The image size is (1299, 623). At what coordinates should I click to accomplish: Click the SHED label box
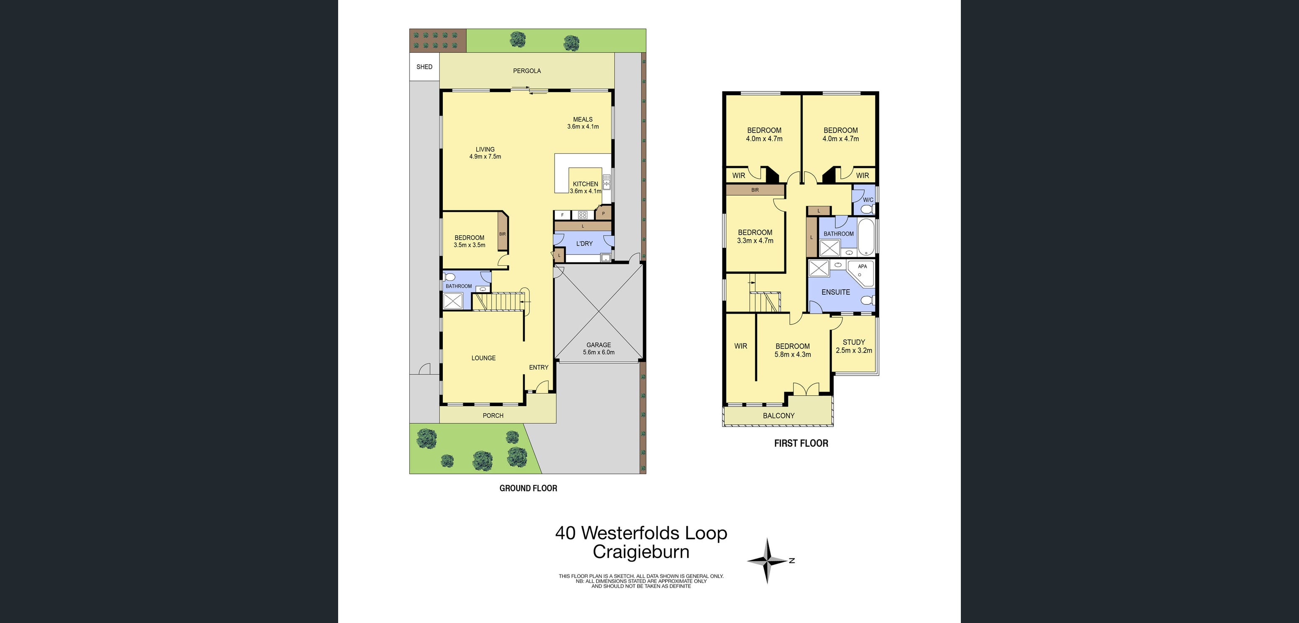coord(424,67)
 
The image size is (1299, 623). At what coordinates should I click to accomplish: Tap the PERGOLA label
coord(527,71)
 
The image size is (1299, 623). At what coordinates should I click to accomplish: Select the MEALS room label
coord(583,120)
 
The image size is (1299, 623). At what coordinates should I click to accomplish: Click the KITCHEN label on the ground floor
coord(585,184)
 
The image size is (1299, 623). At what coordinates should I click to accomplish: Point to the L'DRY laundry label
coord(585,244)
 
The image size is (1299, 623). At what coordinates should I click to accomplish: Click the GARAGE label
coord(598,345)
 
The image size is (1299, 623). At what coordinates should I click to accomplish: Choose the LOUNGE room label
coord(484,358)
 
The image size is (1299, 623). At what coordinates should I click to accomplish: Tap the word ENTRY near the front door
coord(539,367)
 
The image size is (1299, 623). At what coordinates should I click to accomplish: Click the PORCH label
coord(493,416)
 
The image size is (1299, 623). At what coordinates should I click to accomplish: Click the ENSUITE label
coord(836,292)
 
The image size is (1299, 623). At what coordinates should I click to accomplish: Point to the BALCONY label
coord(778,416)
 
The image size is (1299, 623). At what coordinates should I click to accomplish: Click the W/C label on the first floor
coord(868,200)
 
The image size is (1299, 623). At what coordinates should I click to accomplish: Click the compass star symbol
coord(767,561)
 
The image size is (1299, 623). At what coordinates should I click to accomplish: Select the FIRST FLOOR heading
coord(801,443)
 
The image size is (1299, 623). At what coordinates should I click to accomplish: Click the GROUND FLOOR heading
coord(528,488)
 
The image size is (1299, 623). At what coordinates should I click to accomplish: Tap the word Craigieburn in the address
coord(641,552)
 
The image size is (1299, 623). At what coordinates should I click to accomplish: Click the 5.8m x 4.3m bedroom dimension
coord(793,355)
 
